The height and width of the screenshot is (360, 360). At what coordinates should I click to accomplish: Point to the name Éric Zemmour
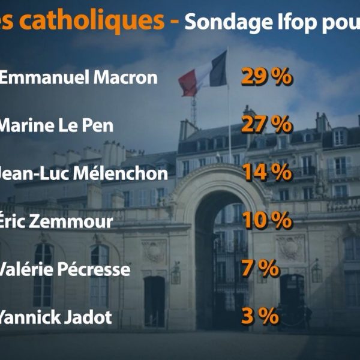click(55, 221)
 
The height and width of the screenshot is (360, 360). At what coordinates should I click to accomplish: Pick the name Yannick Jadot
click(55, 317)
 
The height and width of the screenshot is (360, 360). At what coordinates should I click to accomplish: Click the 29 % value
click(266, 77)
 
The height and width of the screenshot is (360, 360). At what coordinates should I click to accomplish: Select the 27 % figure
click(266, 125)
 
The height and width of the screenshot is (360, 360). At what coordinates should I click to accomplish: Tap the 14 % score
click(266, 173)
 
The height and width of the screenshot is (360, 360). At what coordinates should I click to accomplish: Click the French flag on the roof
click(204, 73)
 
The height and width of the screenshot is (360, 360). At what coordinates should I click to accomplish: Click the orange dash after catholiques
click(173, 21)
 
